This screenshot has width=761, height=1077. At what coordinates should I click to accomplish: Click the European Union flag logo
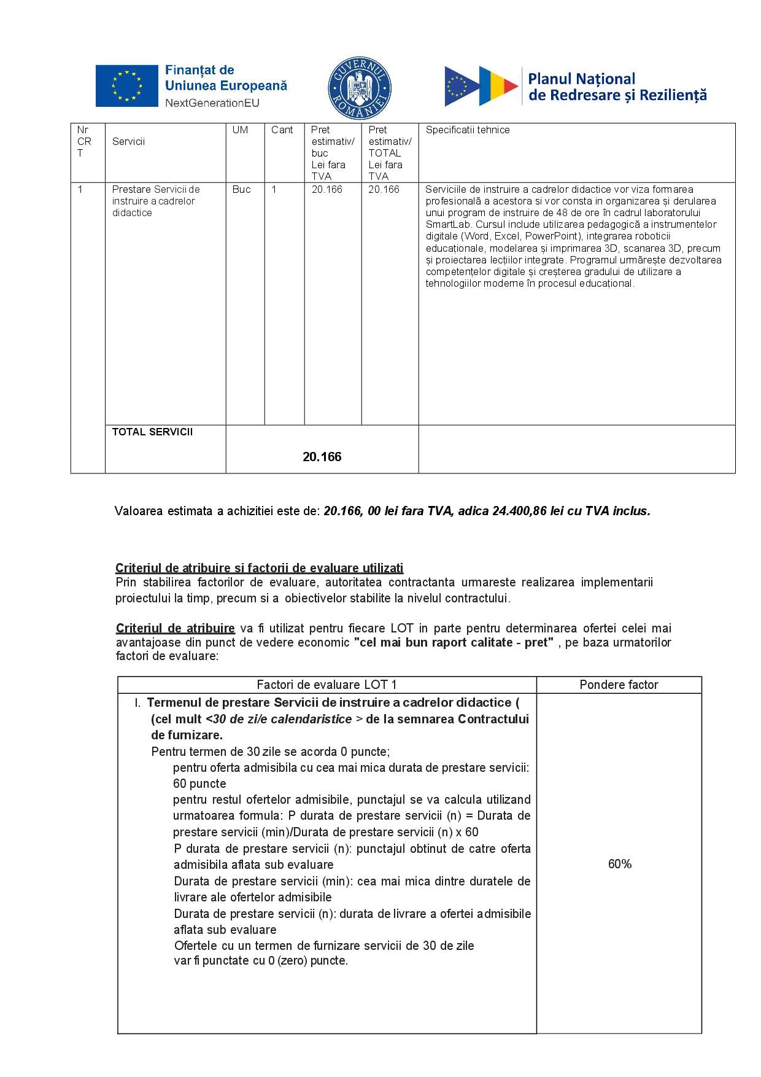(126, 86)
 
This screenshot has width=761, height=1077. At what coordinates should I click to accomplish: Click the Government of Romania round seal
(360, 88)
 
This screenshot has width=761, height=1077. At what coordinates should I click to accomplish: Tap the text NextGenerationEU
(212, 103)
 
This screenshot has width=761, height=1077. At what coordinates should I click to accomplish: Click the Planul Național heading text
(581, 79)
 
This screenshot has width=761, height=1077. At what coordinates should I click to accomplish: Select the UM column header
(240, 130)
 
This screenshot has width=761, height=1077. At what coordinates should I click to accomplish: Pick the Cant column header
(282, 130)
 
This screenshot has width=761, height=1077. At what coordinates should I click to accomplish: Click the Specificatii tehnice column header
(467, 130)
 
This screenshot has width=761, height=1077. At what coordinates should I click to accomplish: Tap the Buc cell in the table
(241, 190)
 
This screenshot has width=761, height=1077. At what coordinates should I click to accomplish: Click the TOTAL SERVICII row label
(152, 432)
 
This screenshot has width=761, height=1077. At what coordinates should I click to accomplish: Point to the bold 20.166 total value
(322, 457)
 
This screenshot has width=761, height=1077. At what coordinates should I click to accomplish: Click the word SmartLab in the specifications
(449, 225)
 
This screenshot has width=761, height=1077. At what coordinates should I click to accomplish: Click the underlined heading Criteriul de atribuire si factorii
(259, 568)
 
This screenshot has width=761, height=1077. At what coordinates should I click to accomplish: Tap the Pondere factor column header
(619, 685)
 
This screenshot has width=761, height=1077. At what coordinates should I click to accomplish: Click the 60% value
(619, 865)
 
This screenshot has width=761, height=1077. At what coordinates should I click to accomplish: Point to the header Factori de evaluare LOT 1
(326, 685)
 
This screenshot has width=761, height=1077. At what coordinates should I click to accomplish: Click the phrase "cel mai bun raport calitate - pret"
(454, 643)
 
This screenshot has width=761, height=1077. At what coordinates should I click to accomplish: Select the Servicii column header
(128, 142)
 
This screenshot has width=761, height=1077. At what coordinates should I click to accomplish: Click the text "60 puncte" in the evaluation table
(199, 784)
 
